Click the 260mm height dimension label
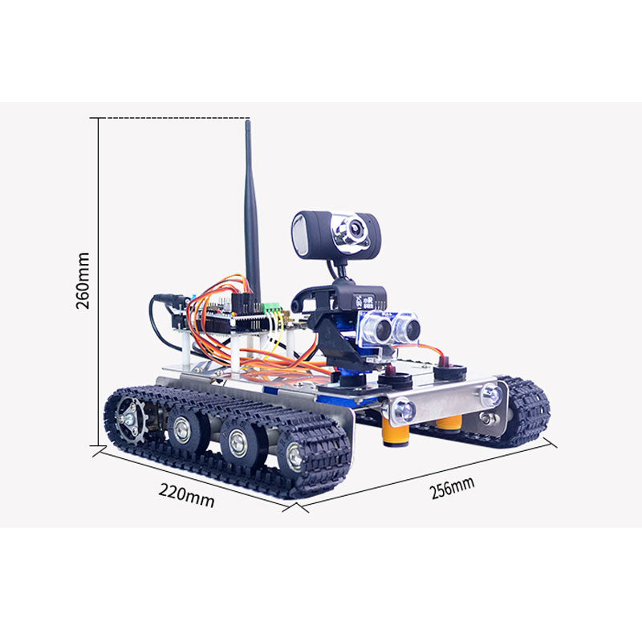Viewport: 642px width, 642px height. [x=83, y=281]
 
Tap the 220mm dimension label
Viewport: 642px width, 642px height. [x=187, y=495]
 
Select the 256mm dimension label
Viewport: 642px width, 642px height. [x=453, y=488]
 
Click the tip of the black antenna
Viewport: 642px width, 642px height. [x=248, y=121]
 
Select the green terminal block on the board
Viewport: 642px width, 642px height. [x=272, y=307]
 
